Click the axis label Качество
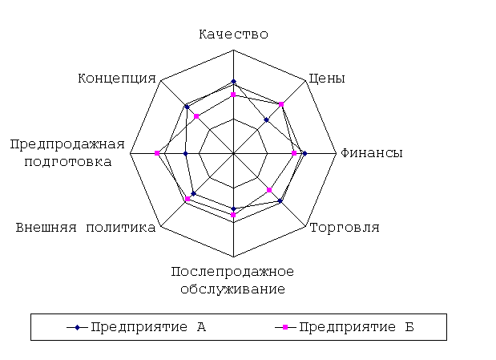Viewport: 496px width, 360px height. [x=233, y=34]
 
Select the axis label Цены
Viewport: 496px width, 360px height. [x=326, y=79]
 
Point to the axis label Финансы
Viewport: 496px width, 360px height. [x=371, y=153]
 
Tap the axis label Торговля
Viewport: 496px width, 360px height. [x=345, y=228]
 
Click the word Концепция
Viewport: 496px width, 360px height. [x=117, y=79]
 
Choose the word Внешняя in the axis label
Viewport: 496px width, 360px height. [x=46, y=228]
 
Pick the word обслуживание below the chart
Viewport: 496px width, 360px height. [x=233, y=289]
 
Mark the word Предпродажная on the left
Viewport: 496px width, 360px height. [x=67, y=144]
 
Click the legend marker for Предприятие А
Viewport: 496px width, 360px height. [x=77, y=327]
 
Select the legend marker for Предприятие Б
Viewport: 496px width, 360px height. [x=285, y=327]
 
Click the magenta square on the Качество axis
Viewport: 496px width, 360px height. [x=233, y=95]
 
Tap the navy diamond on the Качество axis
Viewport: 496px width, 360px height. [x=233, y=82]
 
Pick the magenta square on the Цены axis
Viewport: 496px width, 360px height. [x=281, y=104]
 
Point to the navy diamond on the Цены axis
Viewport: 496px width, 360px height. [x=267, y=120]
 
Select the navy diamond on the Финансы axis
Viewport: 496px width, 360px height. [x=304, y=154]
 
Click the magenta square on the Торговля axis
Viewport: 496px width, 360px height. [x=269, y=190]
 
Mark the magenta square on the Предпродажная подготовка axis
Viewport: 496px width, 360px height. [x=157, y=153]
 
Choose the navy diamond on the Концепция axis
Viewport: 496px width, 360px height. [x=187, y=107]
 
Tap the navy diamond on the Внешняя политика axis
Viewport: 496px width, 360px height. [x=194, y=194]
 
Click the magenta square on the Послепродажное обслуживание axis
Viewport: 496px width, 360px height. [x=233, y=215]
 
